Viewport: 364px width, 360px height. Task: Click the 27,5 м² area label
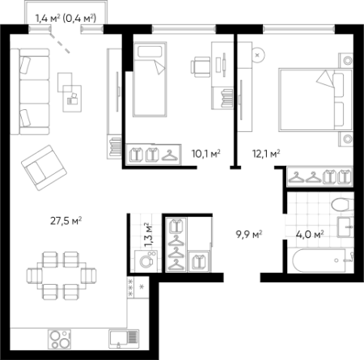click(66, 221)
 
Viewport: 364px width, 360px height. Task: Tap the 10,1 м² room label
click(206, 154)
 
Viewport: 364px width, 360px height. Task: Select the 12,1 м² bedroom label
click(266, 154)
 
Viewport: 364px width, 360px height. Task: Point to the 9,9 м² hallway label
click(249, 235)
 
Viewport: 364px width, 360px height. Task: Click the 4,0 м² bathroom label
click(310, 235)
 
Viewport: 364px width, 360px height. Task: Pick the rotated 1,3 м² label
click(148, 235)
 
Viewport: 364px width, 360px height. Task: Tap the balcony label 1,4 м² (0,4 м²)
click(66, 19)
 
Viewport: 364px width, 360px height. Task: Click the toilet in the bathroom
click(342, 205)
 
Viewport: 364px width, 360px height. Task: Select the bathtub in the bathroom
click(323, 260)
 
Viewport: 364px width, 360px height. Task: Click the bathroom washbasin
click(345, 227)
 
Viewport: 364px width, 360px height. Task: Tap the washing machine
click(146, 261)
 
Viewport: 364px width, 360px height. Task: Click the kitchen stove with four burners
click(60, 339)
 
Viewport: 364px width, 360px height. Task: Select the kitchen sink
click(124, 339)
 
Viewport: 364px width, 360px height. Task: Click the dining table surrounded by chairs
click(61, 276)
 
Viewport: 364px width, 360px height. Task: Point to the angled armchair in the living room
click(44, 167)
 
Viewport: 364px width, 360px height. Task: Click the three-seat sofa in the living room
click(30, 91)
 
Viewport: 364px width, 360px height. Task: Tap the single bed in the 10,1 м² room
click(150, 79)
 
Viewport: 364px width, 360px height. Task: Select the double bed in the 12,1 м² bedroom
click(315, 100)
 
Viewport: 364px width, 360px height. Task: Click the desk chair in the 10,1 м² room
click(201, 66)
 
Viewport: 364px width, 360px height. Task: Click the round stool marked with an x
click(257, 55)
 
